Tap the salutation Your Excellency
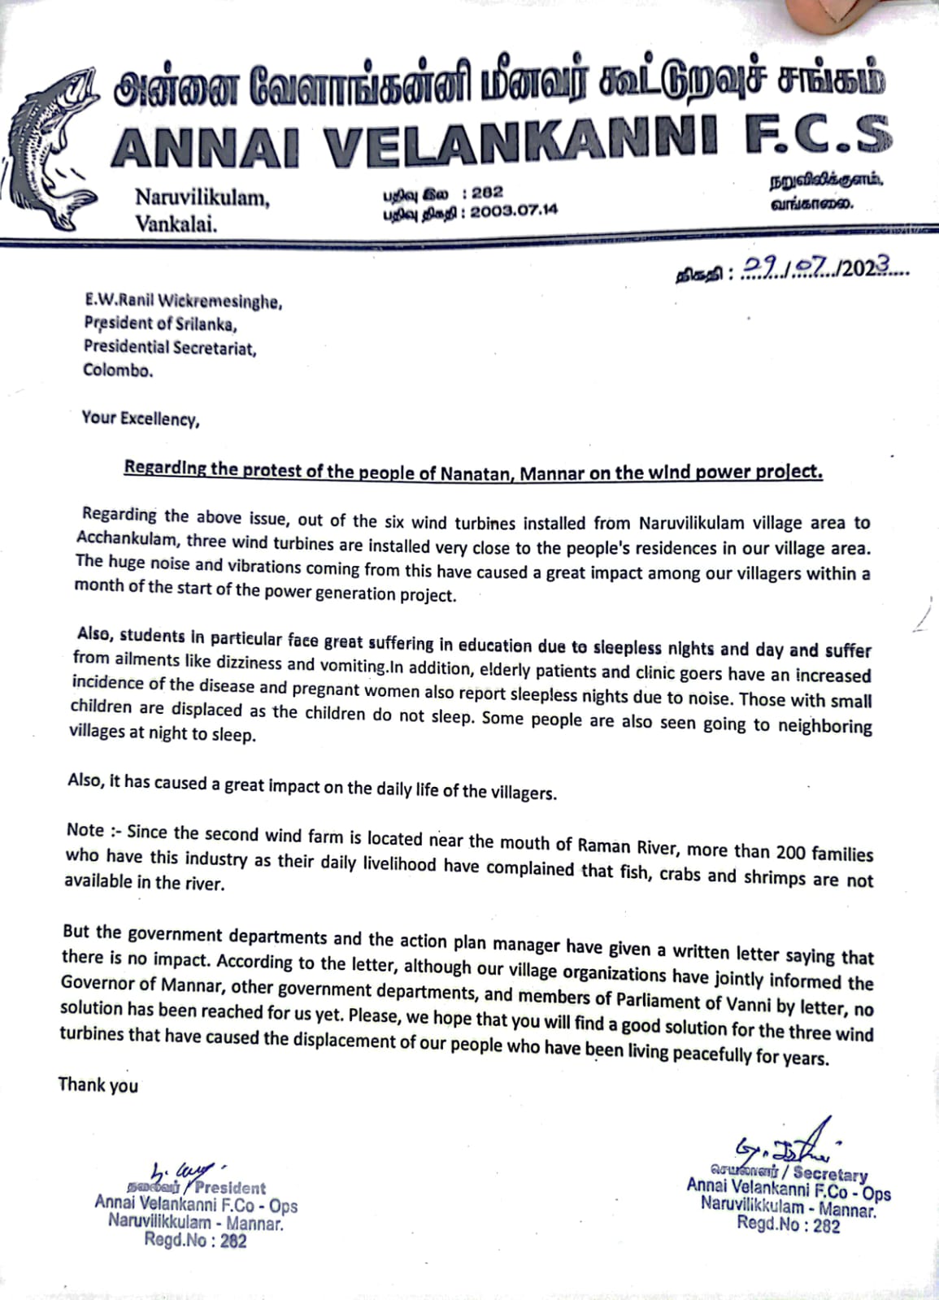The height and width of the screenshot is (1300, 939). (x=140, y=420)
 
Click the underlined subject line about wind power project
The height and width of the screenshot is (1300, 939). (x=473, y=471)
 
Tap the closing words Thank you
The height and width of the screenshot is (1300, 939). (x=98, y=1085)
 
